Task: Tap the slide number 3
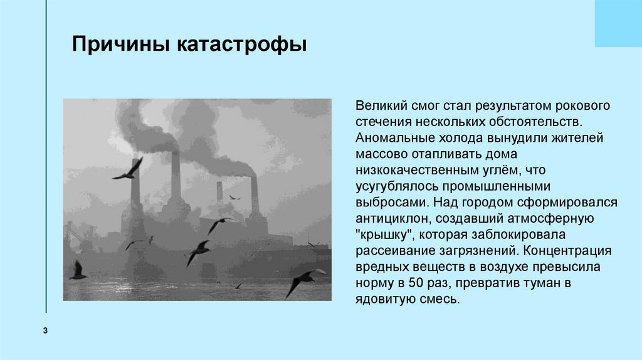(46, 331)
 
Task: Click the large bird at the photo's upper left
(129, 169)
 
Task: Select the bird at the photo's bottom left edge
(78, 271)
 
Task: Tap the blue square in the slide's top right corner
(618, 23)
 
